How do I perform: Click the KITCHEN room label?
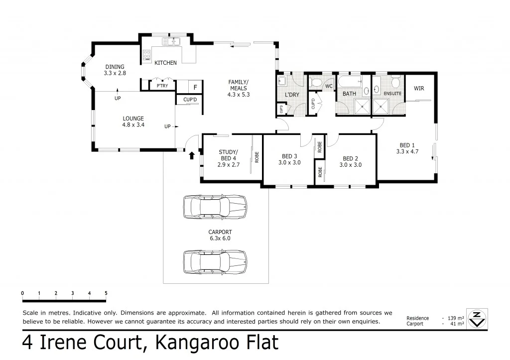pos(165,63)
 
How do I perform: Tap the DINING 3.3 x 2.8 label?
pos(115,70)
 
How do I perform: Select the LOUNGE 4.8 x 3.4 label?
pos(133,121)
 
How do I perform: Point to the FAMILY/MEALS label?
pos(238,88)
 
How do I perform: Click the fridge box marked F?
pos(195,87)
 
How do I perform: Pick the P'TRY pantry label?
pos(162,86)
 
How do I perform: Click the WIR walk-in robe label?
pos(419,89)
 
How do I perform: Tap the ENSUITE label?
pos(392,93)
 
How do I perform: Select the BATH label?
pos(349,93)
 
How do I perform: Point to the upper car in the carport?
pos(215,207)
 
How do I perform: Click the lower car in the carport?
pos(215,261)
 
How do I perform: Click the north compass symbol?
pos(477,319)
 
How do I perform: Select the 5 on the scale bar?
pos(106,293)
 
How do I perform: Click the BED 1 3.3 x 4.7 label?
pos(407,148)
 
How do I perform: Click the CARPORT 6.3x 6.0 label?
pos(220,235)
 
